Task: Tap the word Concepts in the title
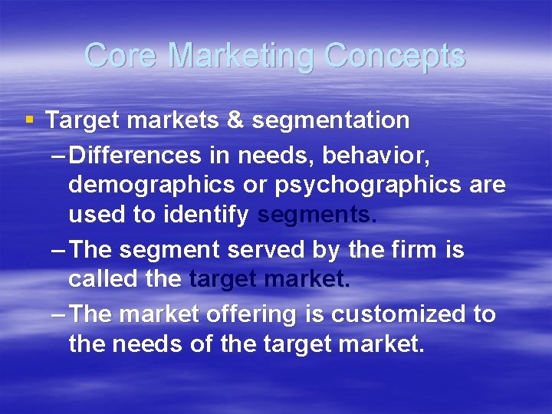pos(394,55)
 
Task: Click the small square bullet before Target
pos(29,120)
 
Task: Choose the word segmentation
pos(330,120)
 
